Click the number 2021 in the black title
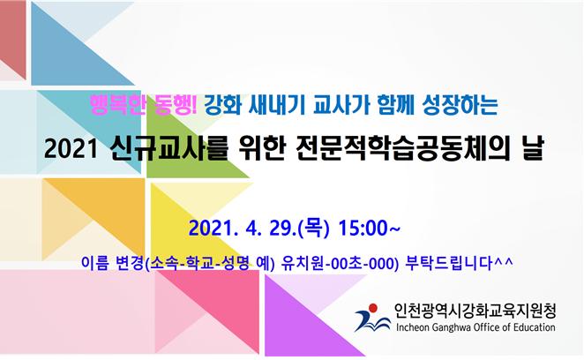point(71,149)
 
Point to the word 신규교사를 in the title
point(168,148)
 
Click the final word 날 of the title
point(534,148)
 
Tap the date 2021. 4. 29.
point(243,228)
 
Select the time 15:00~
point(369,228)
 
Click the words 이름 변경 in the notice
point(113,263)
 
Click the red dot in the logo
point(373,308)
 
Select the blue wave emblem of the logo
point(371,321)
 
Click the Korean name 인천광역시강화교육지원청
point(475,311)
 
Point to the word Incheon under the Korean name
point(413,327)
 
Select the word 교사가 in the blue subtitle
point(341,106)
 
